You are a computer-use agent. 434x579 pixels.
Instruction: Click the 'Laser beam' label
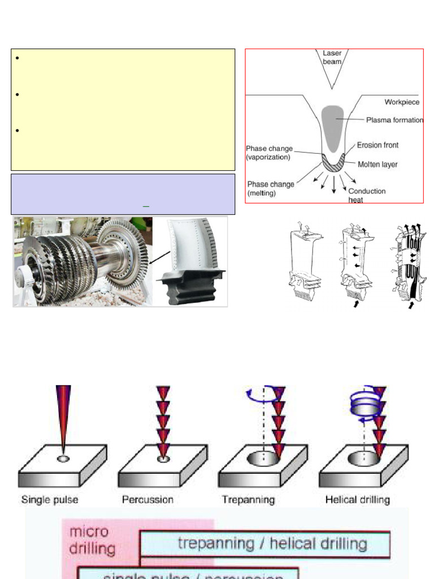(332, 57)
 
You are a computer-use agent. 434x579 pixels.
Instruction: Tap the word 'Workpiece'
(402, 102)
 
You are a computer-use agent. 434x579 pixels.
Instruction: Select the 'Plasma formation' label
(394, 120)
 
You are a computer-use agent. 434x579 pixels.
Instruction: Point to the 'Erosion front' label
(377, 145)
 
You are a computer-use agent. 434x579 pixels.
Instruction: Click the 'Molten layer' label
(377, 165)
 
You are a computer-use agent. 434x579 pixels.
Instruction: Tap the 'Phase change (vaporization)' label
(268, 153)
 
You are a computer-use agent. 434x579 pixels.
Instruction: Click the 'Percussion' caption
(147, 500)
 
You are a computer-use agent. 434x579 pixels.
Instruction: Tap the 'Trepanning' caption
(249, 500)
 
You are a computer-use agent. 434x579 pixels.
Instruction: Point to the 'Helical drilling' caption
(357, 500)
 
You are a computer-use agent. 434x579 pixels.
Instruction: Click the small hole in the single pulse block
(63, 459)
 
